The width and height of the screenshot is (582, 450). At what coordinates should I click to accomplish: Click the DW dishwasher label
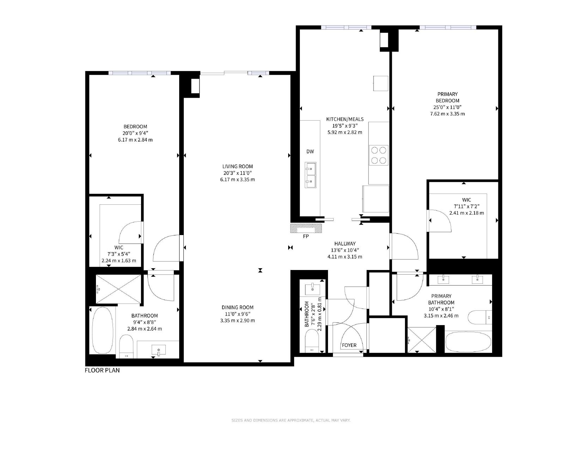310,152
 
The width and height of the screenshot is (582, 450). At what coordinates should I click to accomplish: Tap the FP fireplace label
305,236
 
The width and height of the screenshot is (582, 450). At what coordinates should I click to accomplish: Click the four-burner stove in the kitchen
378,155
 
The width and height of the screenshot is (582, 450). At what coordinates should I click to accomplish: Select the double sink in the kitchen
310,175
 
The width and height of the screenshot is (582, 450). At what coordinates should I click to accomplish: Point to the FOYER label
349,345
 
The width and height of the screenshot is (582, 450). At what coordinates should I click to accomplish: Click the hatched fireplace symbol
306,228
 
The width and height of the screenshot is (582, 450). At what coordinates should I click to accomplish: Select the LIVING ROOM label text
237,167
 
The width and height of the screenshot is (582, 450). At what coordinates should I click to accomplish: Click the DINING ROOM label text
237,307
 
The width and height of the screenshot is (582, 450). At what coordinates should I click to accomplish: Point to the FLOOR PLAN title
102,370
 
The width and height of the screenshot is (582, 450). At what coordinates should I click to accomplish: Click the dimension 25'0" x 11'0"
447,107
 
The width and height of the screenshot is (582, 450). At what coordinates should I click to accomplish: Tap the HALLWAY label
345,244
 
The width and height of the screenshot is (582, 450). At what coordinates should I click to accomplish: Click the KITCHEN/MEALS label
345,119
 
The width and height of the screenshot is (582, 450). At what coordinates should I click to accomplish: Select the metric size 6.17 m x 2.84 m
135,140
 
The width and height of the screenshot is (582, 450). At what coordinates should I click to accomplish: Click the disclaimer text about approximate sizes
291,420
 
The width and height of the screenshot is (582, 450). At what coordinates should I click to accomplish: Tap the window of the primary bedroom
448,27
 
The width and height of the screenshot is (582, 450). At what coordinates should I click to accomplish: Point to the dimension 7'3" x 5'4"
119,254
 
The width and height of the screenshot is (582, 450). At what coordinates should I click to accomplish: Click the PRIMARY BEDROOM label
447,97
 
